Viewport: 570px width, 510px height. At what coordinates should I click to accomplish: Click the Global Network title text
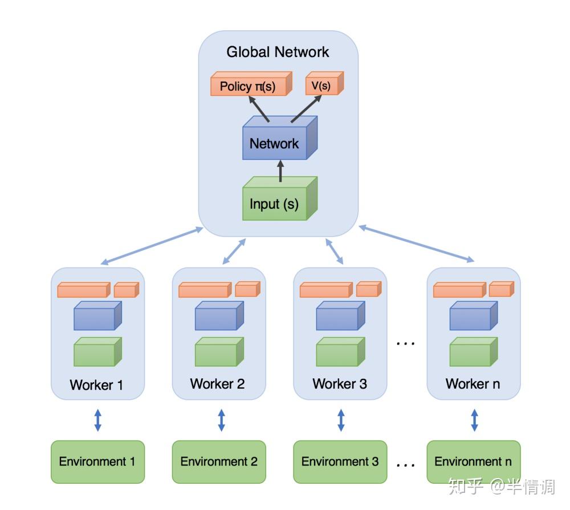click(278, 52)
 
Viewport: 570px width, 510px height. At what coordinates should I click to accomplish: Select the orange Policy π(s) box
click(251, 84)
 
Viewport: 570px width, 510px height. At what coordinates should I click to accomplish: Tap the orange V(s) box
click(324, 83)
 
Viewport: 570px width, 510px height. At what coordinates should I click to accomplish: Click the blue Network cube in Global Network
click(280, 138)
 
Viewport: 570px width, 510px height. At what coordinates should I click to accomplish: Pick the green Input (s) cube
click(280, 199)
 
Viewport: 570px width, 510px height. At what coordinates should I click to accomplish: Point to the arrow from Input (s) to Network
click(280, 171)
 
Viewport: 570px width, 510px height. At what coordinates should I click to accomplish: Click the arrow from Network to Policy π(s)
click(258, 108)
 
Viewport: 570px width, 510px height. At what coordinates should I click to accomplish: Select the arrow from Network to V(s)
click(306, 108)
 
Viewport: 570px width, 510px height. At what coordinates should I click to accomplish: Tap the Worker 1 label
click(96, 385)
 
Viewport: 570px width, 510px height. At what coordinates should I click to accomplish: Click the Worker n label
click(473, 384)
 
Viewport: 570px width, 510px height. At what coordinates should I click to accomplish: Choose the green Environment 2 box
click(219, 462)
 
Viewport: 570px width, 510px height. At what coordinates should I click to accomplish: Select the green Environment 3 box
click(340, 462)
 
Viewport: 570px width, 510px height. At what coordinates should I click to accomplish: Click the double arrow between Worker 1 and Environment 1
click(98, 420)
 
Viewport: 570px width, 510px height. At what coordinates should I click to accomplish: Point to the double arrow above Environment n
click(474, 420)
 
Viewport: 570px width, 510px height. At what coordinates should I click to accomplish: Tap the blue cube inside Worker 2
click(219, 315)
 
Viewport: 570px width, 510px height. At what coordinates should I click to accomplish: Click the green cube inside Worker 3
click(340, 352)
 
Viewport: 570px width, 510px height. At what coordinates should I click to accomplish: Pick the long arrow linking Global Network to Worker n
click(417, 244)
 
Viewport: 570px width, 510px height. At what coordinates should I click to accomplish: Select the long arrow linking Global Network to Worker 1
click(152, 245)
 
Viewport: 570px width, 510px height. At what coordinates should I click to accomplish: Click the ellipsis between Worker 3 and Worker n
click(406, 343)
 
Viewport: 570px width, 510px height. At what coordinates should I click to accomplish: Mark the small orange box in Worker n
click(501, 290)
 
